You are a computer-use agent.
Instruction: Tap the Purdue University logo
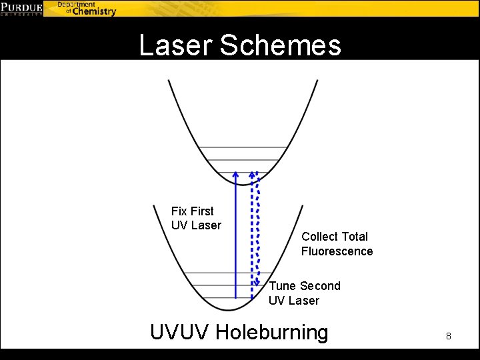click(22, 8)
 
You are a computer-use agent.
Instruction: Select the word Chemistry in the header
click(94, 11)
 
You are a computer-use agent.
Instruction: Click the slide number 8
click(449, 336)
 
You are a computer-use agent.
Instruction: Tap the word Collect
click(320, 237)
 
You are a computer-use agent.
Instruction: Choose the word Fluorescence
click(337, 251)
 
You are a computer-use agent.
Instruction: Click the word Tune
click(283, 286)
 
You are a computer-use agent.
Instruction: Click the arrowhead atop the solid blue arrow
click(235, 174)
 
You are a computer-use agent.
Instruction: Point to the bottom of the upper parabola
click(245, 183)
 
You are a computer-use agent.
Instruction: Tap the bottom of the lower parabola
click(227, 309)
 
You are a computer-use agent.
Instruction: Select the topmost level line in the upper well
click(243, 147)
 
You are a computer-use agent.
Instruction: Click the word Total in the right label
click(354, 237)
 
